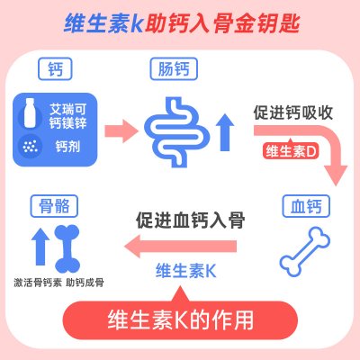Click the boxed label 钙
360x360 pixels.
(x=55, y=68)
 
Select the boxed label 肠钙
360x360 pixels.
(x=174, y=68)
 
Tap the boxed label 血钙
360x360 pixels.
(x=306, y=206)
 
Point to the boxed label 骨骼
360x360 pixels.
(x=54, y=206)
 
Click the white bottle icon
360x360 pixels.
(x=30, y=112)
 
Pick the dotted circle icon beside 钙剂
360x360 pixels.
(x=30, y=147)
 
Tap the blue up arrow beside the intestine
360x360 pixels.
(x=226, y=132)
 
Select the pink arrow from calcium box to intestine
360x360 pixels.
(x=121, y=131)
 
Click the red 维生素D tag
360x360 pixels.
(x=291, y=151)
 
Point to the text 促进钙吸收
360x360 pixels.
(x=293, y=112)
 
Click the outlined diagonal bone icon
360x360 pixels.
(x=305, y=252)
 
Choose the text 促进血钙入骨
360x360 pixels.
(x=190, y=220)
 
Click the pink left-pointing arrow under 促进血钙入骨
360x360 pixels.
(x=181, y=247)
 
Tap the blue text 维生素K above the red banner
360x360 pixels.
(x=186, y=271)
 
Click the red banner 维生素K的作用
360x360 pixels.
(x=180, y=320)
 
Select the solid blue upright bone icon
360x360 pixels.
(x=67, y=249)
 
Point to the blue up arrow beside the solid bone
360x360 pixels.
(x=40, y=247)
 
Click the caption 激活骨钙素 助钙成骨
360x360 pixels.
(x=58, y=283)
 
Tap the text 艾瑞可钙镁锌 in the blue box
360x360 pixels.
(x=68, y=116)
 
